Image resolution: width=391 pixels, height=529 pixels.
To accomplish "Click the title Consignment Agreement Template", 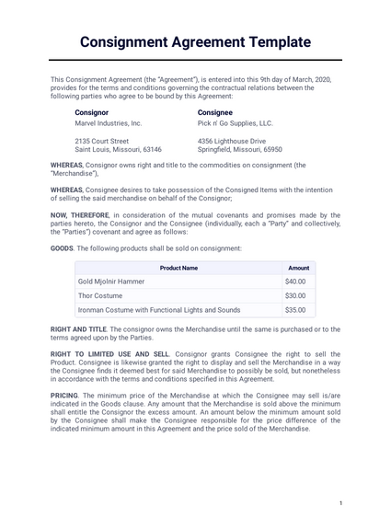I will (195, 42).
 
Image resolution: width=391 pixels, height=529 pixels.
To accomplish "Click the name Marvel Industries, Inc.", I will (109, 122).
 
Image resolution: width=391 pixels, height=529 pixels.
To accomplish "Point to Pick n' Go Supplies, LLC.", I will (236, 122).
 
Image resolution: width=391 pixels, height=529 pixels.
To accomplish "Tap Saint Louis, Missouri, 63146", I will (118, 149).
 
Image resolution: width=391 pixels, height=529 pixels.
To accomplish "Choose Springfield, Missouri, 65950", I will (239, 149).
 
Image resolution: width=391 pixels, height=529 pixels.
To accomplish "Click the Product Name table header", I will (178, 268).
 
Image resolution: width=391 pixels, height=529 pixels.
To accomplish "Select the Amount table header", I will (299, 268).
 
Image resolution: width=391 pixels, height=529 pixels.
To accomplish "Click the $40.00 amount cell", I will (295, 282).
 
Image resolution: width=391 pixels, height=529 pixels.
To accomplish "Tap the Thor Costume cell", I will (102, 295).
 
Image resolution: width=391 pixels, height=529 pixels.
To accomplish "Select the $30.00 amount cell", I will (295, 295).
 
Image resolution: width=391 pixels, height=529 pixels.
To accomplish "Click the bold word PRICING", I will (64, 394).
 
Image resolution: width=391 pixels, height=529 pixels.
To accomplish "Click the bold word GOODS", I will (62, 248).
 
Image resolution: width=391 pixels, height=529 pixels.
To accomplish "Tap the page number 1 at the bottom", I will (340, 503).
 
